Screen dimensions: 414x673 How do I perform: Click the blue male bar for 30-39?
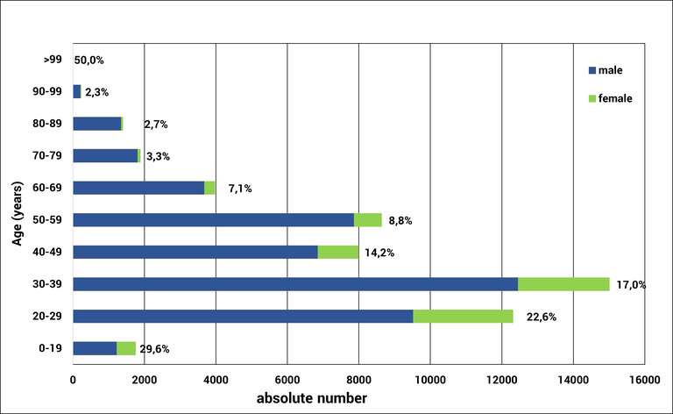[x=295, y=284]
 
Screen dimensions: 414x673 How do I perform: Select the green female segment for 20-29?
[x=463, y=316]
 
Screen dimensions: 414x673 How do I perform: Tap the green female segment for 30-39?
[x=563, y=284]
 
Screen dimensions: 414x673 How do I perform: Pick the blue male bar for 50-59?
[x=213, y=220]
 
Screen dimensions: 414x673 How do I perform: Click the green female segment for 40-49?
[x=338, y=252]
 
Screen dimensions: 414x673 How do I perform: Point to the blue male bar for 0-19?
[x=95, y=348]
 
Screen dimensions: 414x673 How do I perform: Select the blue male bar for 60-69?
[x=138, y=188]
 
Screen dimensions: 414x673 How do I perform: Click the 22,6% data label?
[x=541, y=317]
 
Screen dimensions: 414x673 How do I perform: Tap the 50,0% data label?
[x=89, y=61]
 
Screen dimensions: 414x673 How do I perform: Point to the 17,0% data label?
[x=631, y=284]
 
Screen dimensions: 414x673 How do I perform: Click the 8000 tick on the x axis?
[x=358, y=379]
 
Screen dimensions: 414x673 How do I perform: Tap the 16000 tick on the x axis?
[x=644, y=379]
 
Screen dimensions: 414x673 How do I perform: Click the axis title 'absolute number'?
[x=311, y=399]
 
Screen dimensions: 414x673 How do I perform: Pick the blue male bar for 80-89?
[x=96, y=124]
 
